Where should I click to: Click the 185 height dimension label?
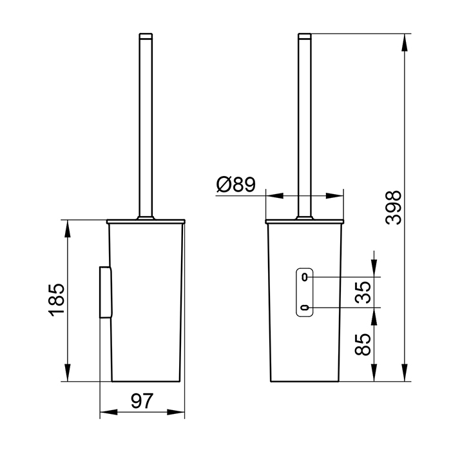click(57, 300)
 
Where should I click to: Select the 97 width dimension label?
click(142, 400)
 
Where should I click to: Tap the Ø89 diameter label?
click(236, 184)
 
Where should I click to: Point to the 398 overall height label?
click(393, 208)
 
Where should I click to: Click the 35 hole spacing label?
click(363, 292)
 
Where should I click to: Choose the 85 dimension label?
click(363, 344)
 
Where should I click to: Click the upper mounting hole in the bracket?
click(304, 277)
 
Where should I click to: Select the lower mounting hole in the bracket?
click(304, 308)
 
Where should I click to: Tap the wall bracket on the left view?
click(105, 292)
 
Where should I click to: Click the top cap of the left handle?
click(146, 35)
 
